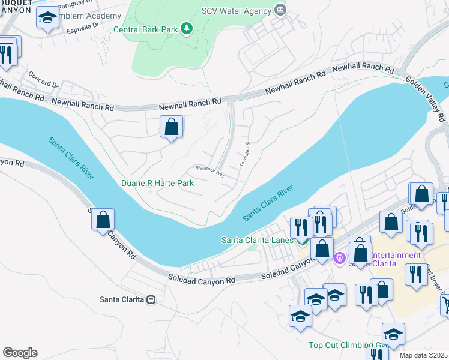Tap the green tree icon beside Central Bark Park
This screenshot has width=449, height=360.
point(187,28)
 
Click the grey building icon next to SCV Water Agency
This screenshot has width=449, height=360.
point(279,9)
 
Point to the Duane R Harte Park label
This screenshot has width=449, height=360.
point(157,183)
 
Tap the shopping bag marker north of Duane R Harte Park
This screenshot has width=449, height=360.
point(172,127)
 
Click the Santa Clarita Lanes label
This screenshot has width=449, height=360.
point(257,240)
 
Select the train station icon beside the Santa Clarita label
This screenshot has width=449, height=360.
point(151,299)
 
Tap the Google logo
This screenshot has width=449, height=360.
point(20,353)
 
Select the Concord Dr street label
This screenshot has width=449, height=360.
point(43,82)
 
